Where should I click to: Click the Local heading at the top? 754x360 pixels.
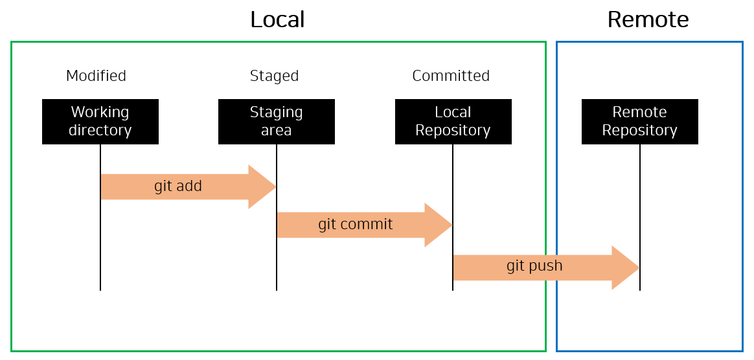click(x=277, y=20)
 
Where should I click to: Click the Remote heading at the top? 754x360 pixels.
click(x=648, y=20)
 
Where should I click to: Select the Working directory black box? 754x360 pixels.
click(x=100, y=121)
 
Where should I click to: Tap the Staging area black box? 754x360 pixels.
click(x=277, y=121)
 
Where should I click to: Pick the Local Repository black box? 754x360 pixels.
click(x=453, y=121)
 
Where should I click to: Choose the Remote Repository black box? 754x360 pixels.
click(x=639, y=121)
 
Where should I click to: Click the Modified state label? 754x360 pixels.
click(x=96, y=76)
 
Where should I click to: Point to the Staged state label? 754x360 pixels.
click(x=274, y=76)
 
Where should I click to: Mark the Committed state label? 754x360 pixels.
click(x=451, y=76)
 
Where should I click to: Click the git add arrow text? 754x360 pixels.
click(x=178, y=186)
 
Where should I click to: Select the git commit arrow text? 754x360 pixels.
click(x=355, y=225)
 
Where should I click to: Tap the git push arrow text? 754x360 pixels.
click(x=534, y=265)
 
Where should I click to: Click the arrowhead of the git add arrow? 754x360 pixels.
click(x=262, y=186)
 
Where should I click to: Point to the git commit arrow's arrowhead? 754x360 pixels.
click(x=438, y=225)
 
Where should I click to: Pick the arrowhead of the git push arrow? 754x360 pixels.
click(x=625, y=267)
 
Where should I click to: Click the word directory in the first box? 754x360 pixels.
click(x=100, y=130)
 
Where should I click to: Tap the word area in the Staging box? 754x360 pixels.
click(x=277, y=130)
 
